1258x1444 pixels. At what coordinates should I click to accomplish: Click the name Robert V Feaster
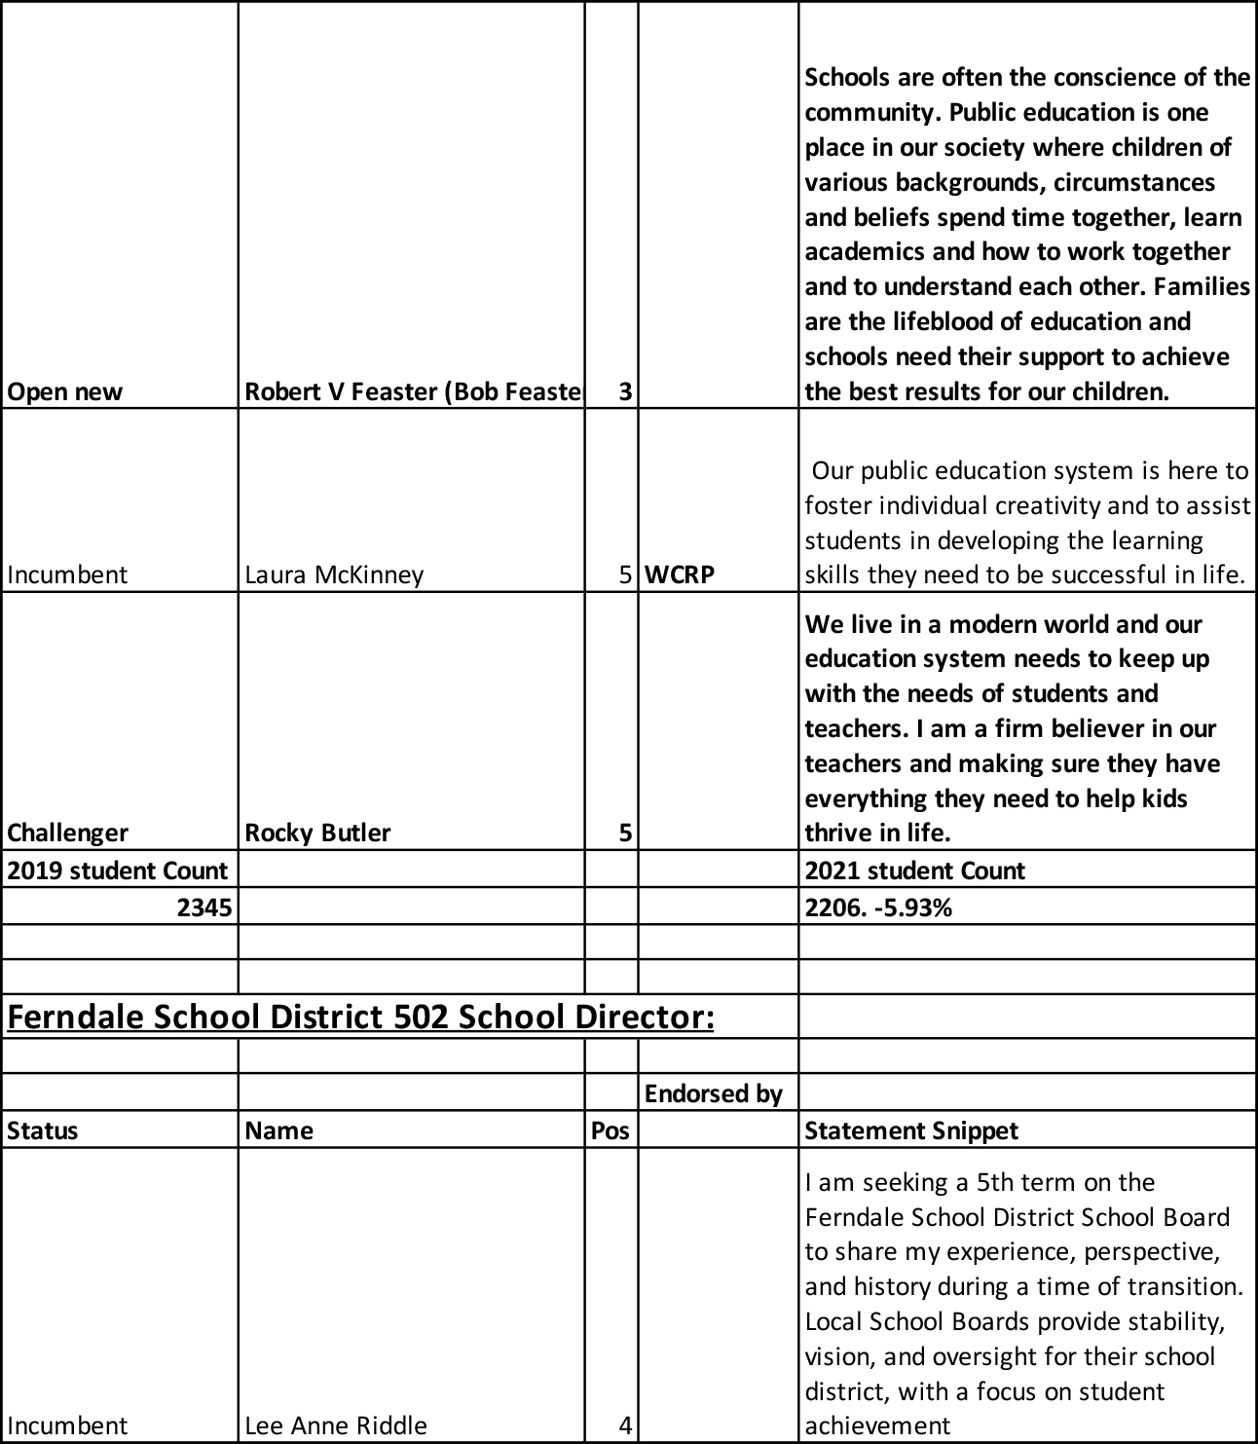pos(413,391)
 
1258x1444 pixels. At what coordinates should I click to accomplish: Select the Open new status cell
pos(65,391)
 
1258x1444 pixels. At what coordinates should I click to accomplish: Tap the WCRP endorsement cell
pos(680,574)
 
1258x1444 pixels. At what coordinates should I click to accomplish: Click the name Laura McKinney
pos(334,574)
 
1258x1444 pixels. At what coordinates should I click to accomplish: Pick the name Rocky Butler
pos(317,833)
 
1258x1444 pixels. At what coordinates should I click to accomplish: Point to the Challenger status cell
pos(68,833)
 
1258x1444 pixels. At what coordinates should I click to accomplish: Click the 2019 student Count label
pos(118,870)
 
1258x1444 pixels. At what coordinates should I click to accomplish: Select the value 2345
pos(204,908)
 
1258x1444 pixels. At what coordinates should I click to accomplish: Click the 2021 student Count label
pos(914,870)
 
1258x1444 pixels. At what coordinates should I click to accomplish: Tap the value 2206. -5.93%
pos(878,908)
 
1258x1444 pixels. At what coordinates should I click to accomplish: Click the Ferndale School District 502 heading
pos(361,1017)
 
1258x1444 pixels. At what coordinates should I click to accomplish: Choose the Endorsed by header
pos(714,1093)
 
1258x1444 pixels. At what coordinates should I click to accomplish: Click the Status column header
pos(43,1130)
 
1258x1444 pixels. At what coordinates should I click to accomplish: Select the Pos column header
pos(610,1130)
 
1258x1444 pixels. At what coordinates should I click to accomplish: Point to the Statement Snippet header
pos(911,1130)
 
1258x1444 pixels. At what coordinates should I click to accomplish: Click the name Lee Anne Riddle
pos(336,1425)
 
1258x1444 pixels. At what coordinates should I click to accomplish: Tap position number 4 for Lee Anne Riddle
pos(625,1425)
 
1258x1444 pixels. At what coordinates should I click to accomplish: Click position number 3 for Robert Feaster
pos(625,391)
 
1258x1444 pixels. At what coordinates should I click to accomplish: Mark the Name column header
pos(279,1130)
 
